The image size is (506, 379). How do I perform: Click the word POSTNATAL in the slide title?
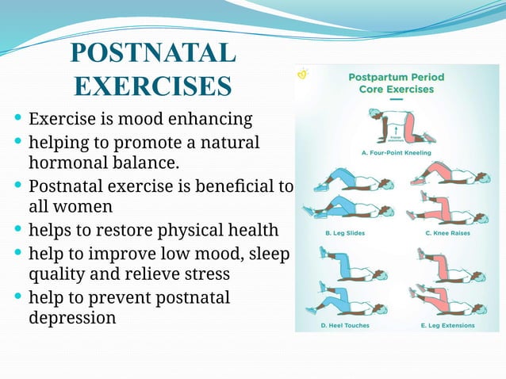tap(152, 53)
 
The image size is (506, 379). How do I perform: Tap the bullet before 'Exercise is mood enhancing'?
tap(18, 120)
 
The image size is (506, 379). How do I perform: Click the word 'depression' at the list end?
tap(72, 318)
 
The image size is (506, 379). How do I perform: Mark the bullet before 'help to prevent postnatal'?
tap(18, 298)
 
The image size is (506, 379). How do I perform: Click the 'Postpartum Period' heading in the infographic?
tap(397, 78)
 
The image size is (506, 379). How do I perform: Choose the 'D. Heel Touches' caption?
tap(344, 324)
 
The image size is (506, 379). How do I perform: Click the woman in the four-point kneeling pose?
tap(397, 121)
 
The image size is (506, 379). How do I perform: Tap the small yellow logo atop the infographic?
tap(302, 73)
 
